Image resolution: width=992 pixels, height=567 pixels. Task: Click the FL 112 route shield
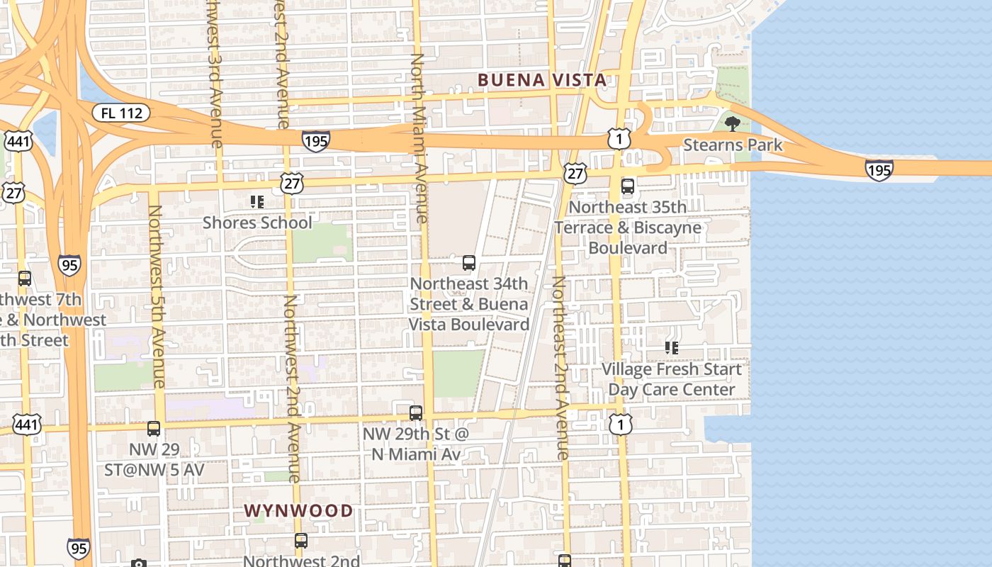click(121, 113)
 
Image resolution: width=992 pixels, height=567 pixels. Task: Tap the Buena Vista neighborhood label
click(542, 79)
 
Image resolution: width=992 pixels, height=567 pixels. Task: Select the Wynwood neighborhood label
click(298, 510)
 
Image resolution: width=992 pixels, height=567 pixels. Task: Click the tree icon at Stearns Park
click(733, 124)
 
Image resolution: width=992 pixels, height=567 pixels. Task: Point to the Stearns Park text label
click(733, 145)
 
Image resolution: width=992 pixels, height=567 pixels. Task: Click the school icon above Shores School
click(257, 202)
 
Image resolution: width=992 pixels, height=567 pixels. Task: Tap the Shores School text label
click(257, 223)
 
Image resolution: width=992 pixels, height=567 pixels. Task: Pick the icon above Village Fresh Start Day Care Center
click(671, 348)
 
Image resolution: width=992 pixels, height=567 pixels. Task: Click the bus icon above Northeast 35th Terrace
click(628, 186)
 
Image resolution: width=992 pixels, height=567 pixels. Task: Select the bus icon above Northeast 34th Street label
click(468, 263)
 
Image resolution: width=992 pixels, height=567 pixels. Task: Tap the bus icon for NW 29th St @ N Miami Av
click(416, 412)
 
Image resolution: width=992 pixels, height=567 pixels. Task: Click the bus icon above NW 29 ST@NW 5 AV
click(154, 429)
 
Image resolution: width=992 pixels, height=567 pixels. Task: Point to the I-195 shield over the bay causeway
click(879, 169)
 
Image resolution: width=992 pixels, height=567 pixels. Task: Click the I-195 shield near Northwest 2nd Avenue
click(315, 140)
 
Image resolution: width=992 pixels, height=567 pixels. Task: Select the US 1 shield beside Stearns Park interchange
click(619, 139)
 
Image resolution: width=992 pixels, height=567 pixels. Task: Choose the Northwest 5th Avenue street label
click(156, 296)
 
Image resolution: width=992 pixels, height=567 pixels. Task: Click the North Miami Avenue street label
click(419, 138)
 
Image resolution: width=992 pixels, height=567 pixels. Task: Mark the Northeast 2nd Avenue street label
click(560, 367)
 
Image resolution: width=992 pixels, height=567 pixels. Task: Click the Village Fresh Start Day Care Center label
click(671, 379)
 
